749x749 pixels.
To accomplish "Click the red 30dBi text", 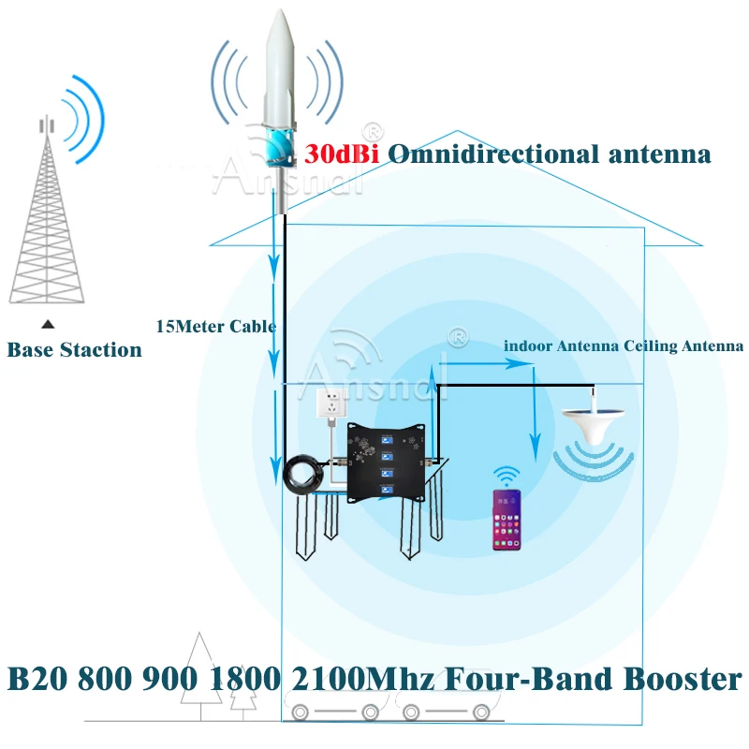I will coord(342,154).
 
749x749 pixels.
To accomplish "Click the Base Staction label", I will coord(75,350).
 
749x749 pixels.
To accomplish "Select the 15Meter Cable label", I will coord(215,327).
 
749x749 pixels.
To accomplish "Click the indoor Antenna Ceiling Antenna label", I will coord(624,345).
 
